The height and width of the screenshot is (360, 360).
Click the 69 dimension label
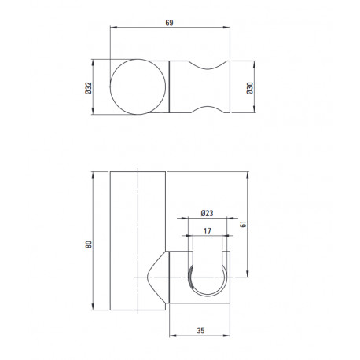click(x=169, y=23)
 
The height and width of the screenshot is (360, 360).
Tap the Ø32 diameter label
click(x=89, y=88)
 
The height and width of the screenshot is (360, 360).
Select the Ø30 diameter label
click(x=250, y=88)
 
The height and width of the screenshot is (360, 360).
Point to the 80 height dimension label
click(x=89, y=244)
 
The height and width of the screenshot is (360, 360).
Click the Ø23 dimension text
click(x=207, y=213)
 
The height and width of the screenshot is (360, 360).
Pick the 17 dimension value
click(x=207, y=231)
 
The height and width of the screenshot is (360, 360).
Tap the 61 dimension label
click(x=243, y=224)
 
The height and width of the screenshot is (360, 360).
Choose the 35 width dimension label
click(x=200, y=331)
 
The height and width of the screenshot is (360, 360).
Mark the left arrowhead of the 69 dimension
click(x=113, y=27)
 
